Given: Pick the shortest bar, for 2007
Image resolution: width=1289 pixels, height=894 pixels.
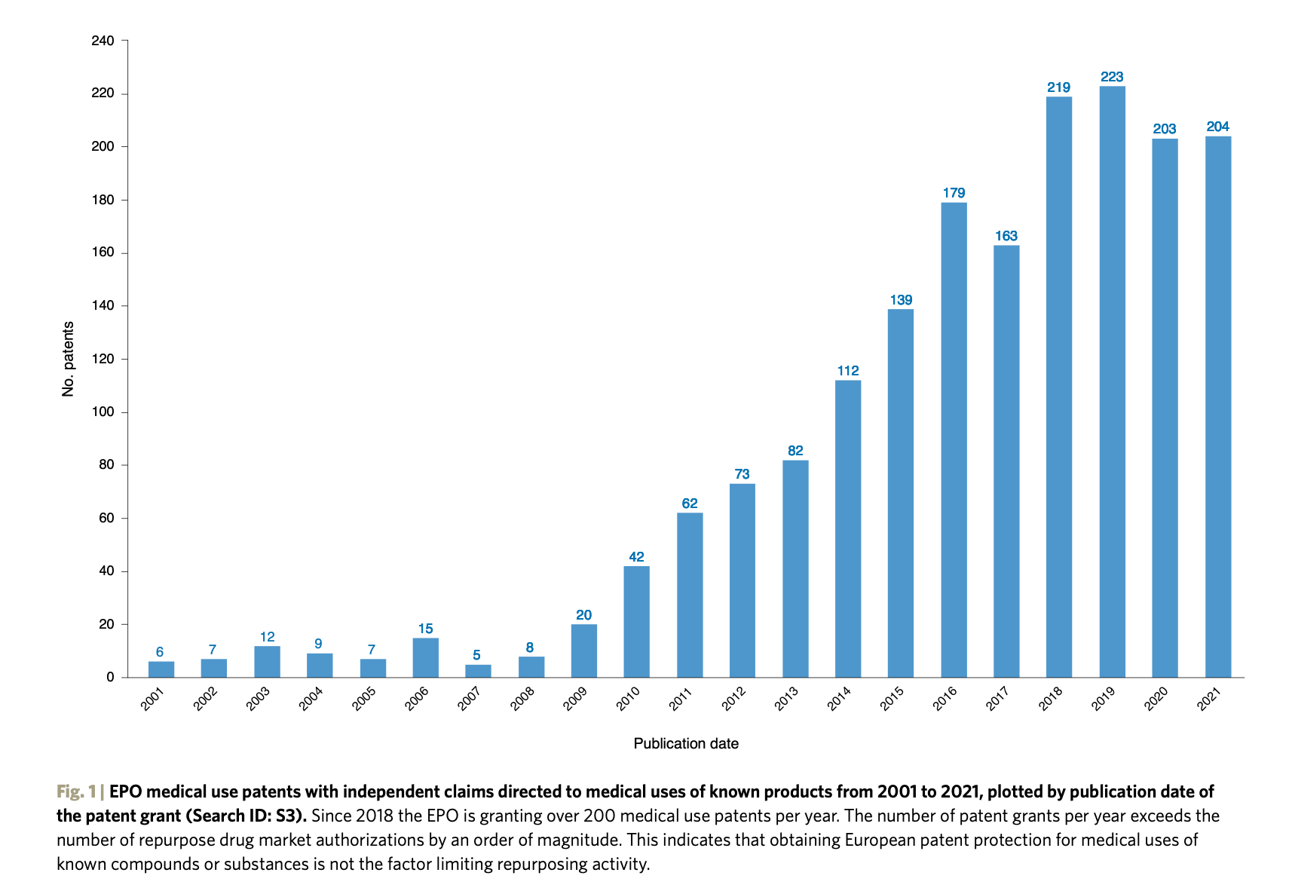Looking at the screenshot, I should click(x=478, y=671).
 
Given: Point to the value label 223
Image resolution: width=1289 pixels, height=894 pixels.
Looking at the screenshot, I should click(x=1112, y=77).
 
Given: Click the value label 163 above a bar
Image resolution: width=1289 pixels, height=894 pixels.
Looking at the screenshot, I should click(x=1006, y=236).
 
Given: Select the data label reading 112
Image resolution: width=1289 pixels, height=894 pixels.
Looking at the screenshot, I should click(x=848, y=371).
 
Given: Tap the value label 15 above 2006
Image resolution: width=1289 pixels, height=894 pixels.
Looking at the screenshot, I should click(x=425, y=629).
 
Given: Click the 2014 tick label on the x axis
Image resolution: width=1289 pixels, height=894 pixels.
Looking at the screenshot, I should click(x=839, y=699).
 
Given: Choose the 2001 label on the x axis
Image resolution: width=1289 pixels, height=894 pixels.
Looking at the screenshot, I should click(x=152, y=699).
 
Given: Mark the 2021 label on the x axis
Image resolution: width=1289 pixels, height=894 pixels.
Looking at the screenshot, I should click(x=1209, y=699).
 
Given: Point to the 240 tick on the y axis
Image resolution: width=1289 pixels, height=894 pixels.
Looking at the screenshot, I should click(x=103, y=41).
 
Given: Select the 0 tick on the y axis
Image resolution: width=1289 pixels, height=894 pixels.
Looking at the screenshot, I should click(x=110, y=677).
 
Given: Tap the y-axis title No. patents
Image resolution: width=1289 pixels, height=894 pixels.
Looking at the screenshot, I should click(x=69, y=359).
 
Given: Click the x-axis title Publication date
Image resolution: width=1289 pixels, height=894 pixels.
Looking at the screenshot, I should click(x=686, y=744).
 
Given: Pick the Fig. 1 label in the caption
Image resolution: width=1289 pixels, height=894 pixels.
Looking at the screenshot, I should click(x=76, y=791).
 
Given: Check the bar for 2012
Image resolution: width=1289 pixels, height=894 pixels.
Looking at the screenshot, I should click(x=742, y=580).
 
